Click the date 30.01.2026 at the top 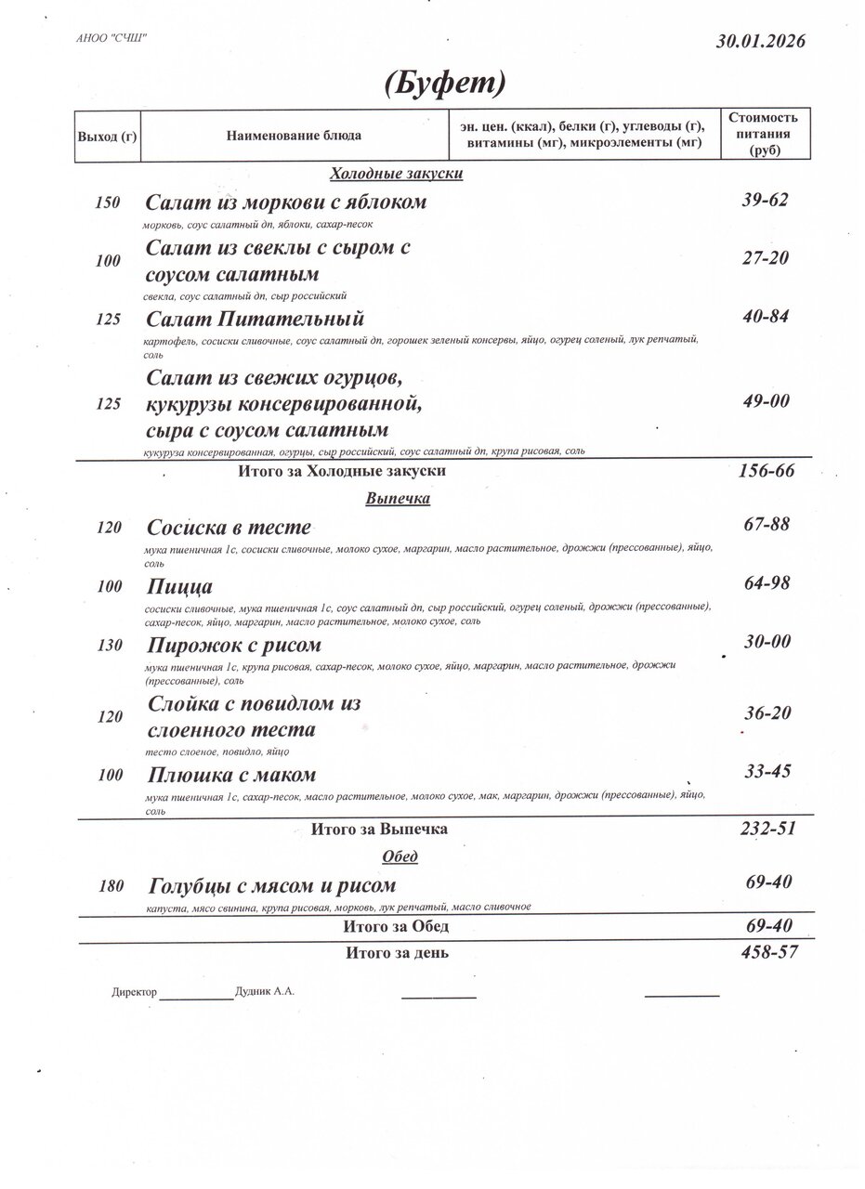pos(760,41)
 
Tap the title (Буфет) pos(445,84)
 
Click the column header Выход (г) pos(107,137)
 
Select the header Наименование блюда pos(294,137)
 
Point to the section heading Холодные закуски pos(397,174)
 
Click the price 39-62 pos(766,200)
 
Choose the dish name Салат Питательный pos(255,320)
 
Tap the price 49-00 pos(766,400)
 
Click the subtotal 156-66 pos(766,470)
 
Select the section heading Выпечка pos(397,499)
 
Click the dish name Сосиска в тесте pos(229,528)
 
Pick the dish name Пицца pos(179,587)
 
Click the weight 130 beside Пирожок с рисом pos(109,646)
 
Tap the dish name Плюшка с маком pos(231,775)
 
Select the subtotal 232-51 pos(767,828)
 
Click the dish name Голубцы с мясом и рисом pos(271,885)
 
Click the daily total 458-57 pos(767,951)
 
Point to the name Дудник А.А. pos(265,991)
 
